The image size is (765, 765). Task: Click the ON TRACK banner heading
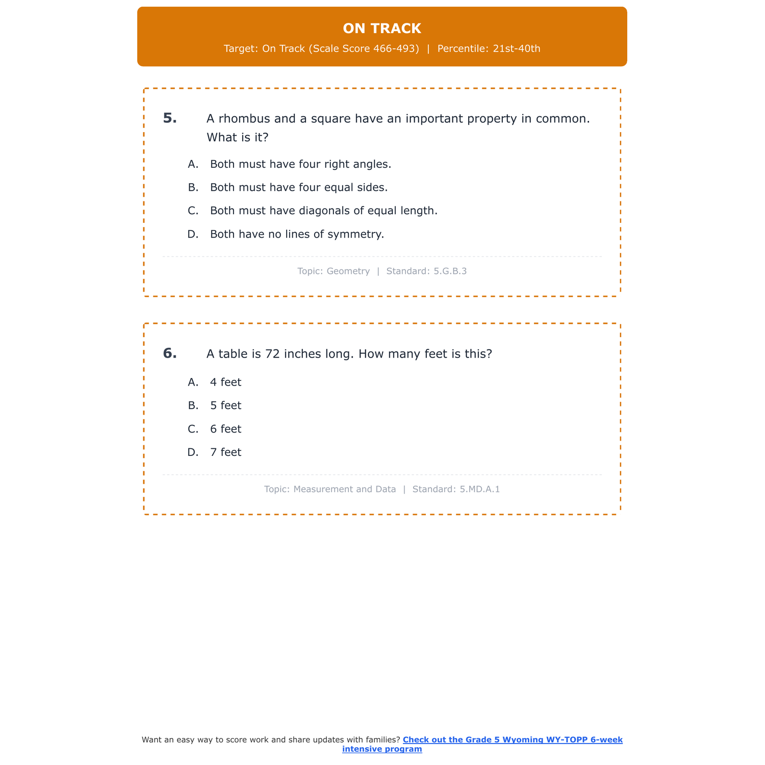pyautogui.click(x=382, y=29)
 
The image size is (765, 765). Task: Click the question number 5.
pyautogui.click(x=170, y=118)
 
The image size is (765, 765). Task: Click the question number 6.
pyautogui.click(x=170, y=353)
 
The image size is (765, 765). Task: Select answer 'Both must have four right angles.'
pyautogui.click(x=300, y=164)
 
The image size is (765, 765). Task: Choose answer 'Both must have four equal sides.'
pyautogui.click(x=299, y=188)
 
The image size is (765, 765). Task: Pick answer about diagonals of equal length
pyautogui.click(x=324, y=211)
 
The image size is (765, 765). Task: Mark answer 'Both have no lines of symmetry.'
pyautogui.click(x=297, y=234)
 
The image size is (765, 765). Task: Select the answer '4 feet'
pyautogui.click(x=225, y=382)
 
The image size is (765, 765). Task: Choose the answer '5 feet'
pyautogui.click(x=225, y=405)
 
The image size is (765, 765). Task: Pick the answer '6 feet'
pyautogui.click(x=225, y=429)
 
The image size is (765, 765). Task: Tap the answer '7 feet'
pyautogui.click(x=225, y=452)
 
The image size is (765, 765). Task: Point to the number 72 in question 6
pyautogui.click(x=272, y=354)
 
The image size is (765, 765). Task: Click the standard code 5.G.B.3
pyautogui.click(x=450, y=271)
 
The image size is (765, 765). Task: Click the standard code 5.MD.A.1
pyautogui.click(x=479, y=490)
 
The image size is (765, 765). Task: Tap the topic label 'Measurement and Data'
pyautogui.click(x=344, y=490)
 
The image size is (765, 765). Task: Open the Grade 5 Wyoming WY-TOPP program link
pyautogui.click(x=512, y=740)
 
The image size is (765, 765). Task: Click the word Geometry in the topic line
pyautogui.click(x=348, y=271)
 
